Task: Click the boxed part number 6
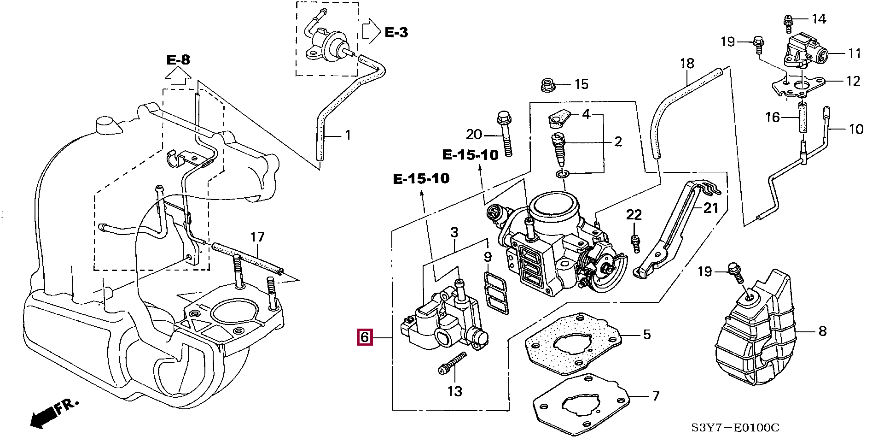pos(364,337)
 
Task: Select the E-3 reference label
pos(396,32)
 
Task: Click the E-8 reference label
pos(178,59)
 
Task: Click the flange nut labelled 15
pos(547,85)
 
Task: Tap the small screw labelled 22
pos(635,243)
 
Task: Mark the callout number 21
pos(710,208)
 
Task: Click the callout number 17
pos(257,237)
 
